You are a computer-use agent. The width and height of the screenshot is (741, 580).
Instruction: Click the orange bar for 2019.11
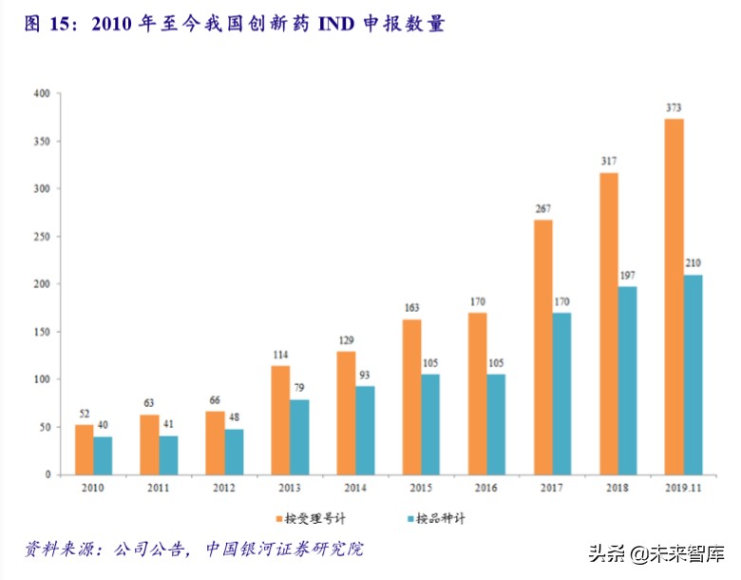[x=674, y=297]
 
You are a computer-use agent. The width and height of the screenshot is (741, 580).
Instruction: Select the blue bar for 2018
[x=627, y=380]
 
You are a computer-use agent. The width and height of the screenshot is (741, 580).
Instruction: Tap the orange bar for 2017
[x=542, y=347]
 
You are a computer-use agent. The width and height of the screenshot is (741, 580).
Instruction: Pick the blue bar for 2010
[x=103, y=455]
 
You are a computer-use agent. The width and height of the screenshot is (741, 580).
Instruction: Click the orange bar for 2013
[x=280, y=419]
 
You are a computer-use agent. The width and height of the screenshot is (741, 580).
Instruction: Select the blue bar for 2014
[x=365, y=430]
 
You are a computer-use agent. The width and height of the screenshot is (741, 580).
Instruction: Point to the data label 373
[x=674, y=107]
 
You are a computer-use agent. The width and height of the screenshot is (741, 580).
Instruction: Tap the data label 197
[x=627, y=276]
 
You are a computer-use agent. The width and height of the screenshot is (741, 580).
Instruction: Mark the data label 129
[x=346, y=340]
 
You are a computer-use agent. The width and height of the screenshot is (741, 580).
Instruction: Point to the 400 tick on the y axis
[x=41, y=94]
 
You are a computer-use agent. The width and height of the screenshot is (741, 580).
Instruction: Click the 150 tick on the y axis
[x=41, y=332]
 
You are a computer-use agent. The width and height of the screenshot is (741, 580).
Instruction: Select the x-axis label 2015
[x=420, y=488]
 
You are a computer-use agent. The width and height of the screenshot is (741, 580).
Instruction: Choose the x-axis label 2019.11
[x=682, y=488]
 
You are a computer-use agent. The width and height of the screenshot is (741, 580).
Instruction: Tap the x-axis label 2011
[x=158, y=488]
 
